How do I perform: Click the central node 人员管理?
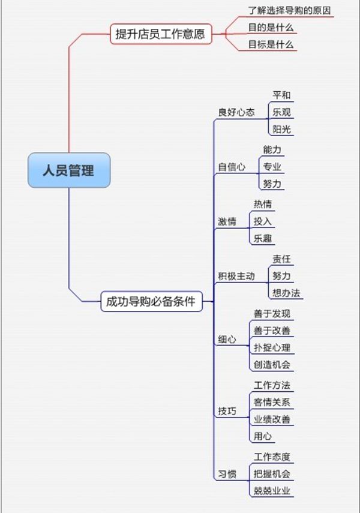coord(69,170)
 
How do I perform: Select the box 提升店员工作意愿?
coord(161,34)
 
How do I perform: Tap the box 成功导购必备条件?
coord(151,301)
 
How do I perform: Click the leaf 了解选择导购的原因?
coord(290,10)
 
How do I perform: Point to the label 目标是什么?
coord(271,44)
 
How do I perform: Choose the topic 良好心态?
coord(236,112)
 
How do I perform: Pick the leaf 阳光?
coord(282,130)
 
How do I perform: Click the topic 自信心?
coord(232,167)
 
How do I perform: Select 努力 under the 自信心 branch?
coord(272,184)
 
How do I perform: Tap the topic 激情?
coord(227,221)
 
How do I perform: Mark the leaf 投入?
coord(263,221)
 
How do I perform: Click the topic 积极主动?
coord(236,276)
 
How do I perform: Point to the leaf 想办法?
coord(286,293)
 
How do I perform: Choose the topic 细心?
coord(227,339)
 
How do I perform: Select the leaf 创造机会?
coord(272,364)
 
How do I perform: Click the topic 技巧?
coord(227,411)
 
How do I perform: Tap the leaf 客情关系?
coord(272,402)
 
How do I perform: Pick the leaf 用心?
coord(263,436)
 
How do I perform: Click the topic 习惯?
coord(227,474)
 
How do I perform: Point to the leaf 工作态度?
coord(272,457)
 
